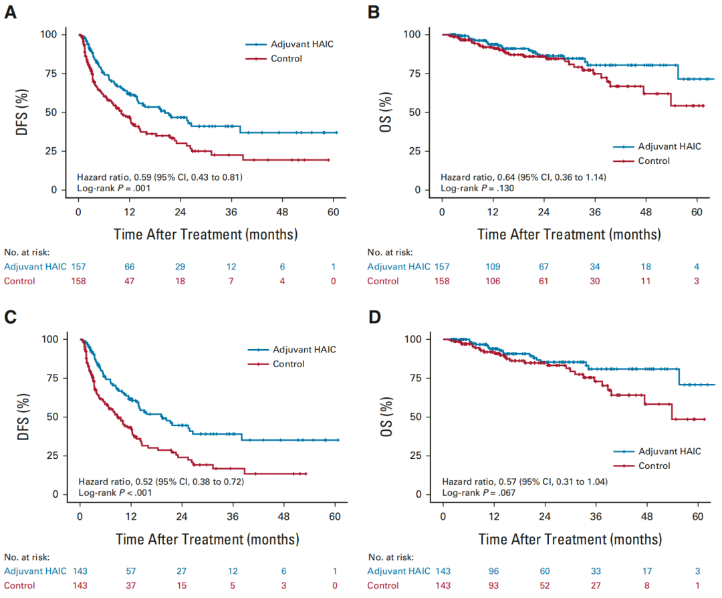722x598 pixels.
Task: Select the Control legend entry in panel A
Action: click(x=286, y=58)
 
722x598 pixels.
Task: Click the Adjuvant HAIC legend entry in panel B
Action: click(x=669, y=146)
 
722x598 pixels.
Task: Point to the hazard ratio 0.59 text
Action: click(x=159, y=177)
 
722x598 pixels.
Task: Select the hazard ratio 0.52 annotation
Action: click(x=160, y=482)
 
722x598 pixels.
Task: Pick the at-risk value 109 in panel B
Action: click(x=493, y=266)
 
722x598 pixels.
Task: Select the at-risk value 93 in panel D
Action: click(x=494, y=585)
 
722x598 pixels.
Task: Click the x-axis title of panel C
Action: click(x=207, y=538)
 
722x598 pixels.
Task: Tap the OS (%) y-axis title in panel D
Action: click(x=385, y=416)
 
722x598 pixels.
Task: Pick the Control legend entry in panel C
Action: click(x=288, y=364)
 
